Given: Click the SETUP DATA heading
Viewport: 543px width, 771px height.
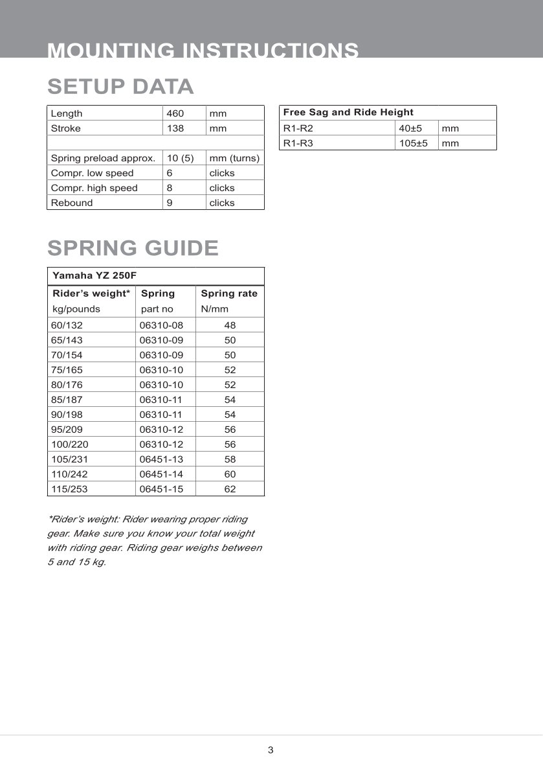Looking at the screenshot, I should coord(120,86).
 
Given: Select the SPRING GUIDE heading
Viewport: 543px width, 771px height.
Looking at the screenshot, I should coord(133,247).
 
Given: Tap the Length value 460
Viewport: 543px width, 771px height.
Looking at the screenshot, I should coord(175,113).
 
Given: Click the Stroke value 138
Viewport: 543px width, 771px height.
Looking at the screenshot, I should coord(175,128).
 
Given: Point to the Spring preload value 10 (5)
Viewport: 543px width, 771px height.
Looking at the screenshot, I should coord(181,158).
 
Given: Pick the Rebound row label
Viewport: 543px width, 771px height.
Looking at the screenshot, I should coord(72,203).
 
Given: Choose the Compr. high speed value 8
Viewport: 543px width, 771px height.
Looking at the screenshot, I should coord(170,188).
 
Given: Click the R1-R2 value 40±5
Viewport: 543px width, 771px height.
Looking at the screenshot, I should coord(410,128).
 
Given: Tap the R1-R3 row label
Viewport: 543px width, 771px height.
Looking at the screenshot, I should coord(298,143).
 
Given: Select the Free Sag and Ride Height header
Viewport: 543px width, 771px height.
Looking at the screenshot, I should coord(348,112).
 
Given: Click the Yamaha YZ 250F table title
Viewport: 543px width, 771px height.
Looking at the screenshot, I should coord(94,275).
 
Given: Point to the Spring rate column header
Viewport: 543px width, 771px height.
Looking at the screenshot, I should coord(229,293).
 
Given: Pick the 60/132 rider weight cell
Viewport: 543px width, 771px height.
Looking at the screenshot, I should coord(67,325).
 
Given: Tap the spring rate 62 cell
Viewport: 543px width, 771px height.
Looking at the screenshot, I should coord(230,489).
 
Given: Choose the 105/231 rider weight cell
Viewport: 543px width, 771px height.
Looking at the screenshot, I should coord(69,459).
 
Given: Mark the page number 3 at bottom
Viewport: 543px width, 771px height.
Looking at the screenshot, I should coord(271,750).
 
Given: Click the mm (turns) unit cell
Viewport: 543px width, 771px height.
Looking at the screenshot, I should coord(234,158).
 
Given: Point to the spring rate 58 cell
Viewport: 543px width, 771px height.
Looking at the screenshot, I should coord(230,459).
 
